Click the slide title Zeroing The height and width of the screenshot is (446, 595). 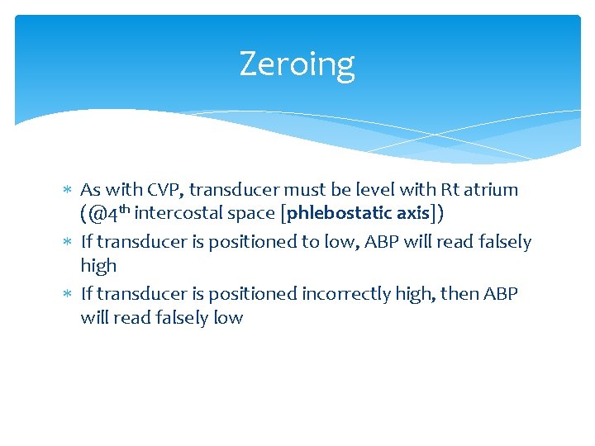click(297, 64)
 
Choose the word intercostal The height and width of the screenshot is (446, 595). click(177, 213)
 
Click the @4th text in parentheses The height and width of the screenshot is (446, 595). click(108, 212)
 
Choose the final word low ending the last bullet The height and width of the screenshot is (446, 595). click(227, 318)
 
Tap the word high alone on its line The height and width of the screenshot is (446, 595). click(98, 266)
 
